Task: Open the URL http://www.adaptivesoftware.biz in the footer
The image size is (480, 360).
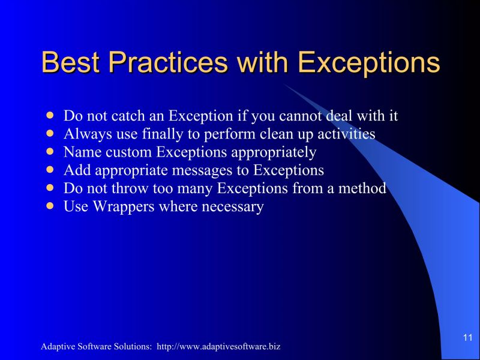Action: (218, 347)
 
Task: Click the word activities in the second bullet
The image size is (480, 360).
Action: (346, 134)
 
